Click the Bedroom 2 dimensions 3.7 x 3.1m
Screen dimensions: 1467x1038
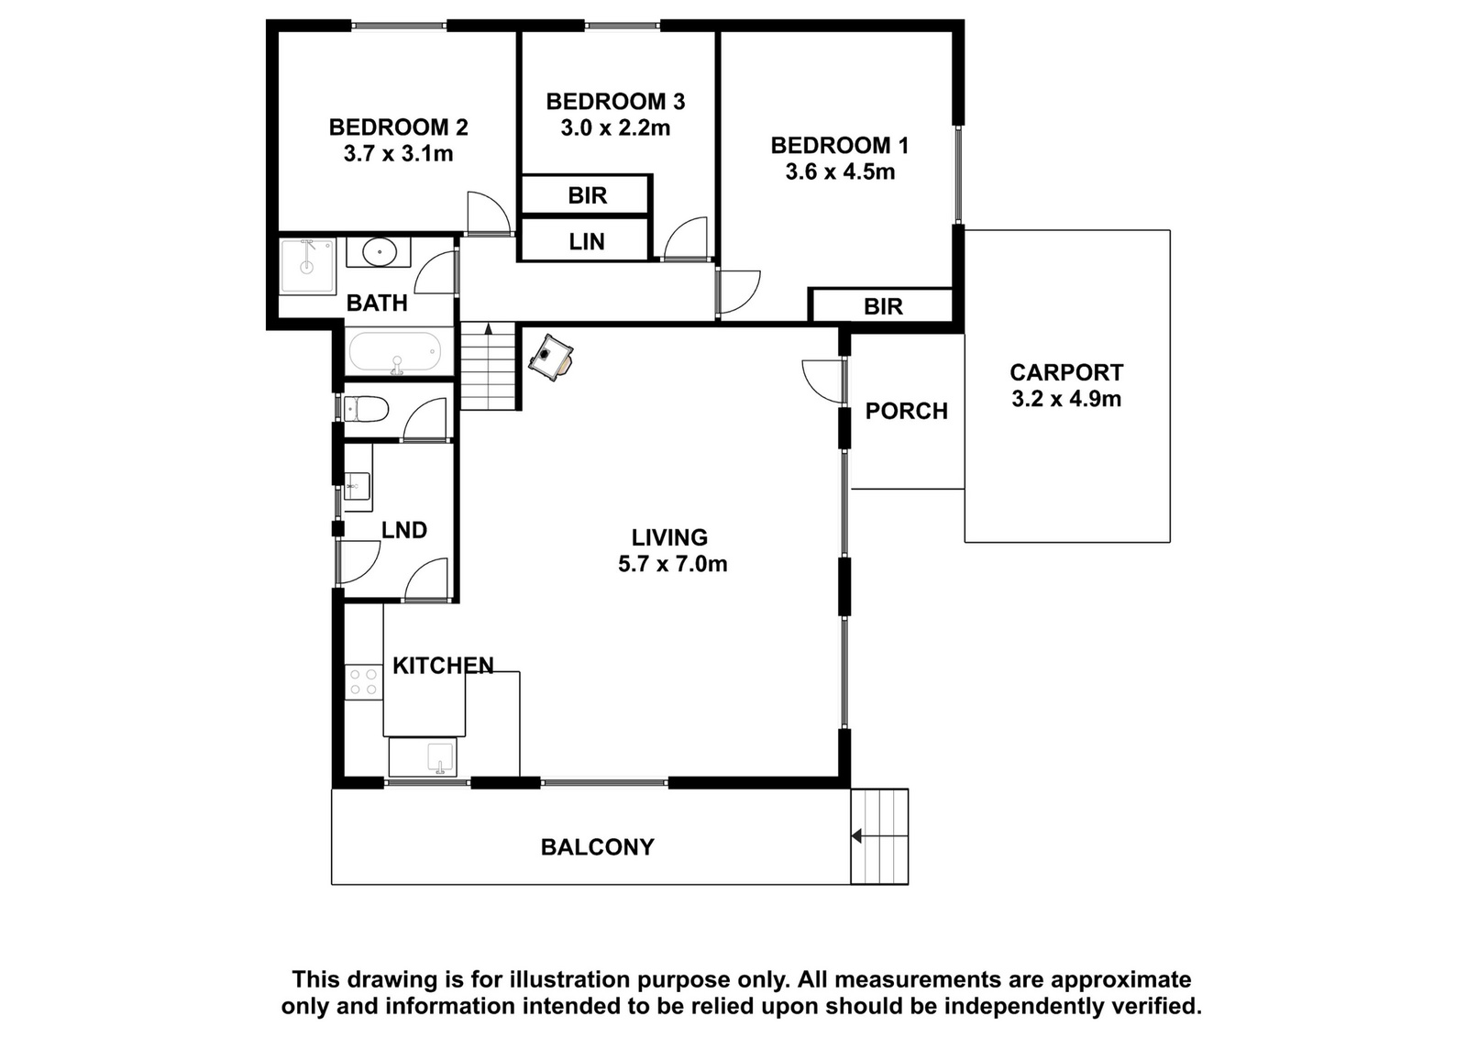click(x=398, y=154)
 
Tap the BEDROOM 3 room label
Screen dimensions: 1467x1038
click(x=615, y=102)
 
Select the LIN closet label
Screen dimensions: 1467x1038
click(x=587, y=242)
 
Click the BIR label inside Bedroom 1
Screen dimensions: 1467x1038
click(x=883, y=306)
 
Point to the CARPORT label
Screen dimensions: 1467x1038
click(x=1066, y=372)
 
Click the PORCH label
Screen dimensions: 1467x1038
click(x=907, y=411)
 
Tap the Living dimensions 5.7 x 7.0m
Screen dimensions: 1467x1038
click(x=673, y=564)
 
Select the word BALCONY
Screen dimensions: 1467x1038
click(x=597, y=846)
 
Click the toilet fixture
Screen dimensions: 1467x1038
click(x=366, y=409)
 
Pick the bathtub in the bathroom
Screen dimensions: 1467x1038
click(x=395, y=353)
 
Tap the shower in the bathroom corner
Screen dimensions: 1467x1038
click(x=307, y=267)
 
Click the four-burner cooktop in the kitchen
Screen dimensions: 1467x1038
click(x=363, y=681)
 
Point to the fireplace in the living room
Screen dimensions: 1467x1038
click(x=551, y=358)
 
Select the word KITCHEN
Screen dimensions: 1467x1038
click(x=443, y=666)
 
